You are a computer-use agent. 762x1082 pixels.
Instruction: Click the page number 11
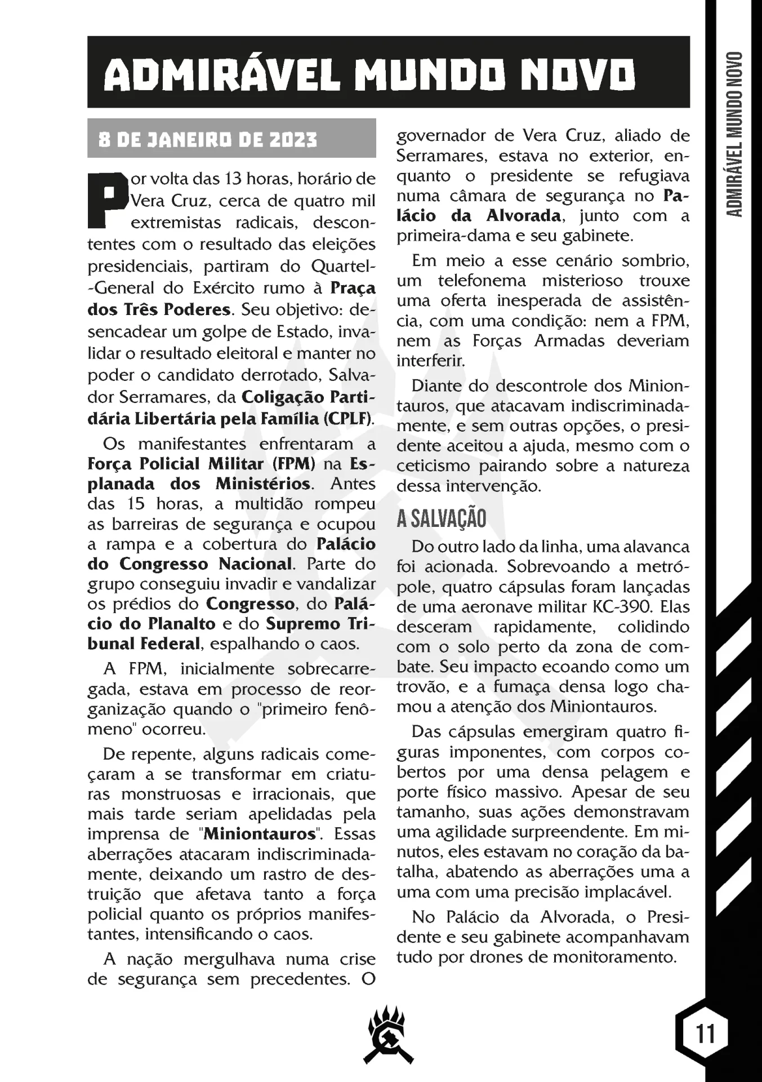(705, 1034)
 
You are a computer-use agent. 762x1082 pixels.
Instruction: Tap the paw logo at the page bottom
(388, 1036)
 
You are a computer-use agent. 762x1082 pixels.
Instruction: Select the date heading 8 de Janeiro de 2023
(208, 139)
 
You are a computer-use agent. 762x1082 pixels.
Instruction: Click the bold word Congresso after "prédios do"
(250, 604)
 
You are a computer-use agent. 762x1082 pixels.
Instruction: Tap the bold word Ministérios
(263, 484)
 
